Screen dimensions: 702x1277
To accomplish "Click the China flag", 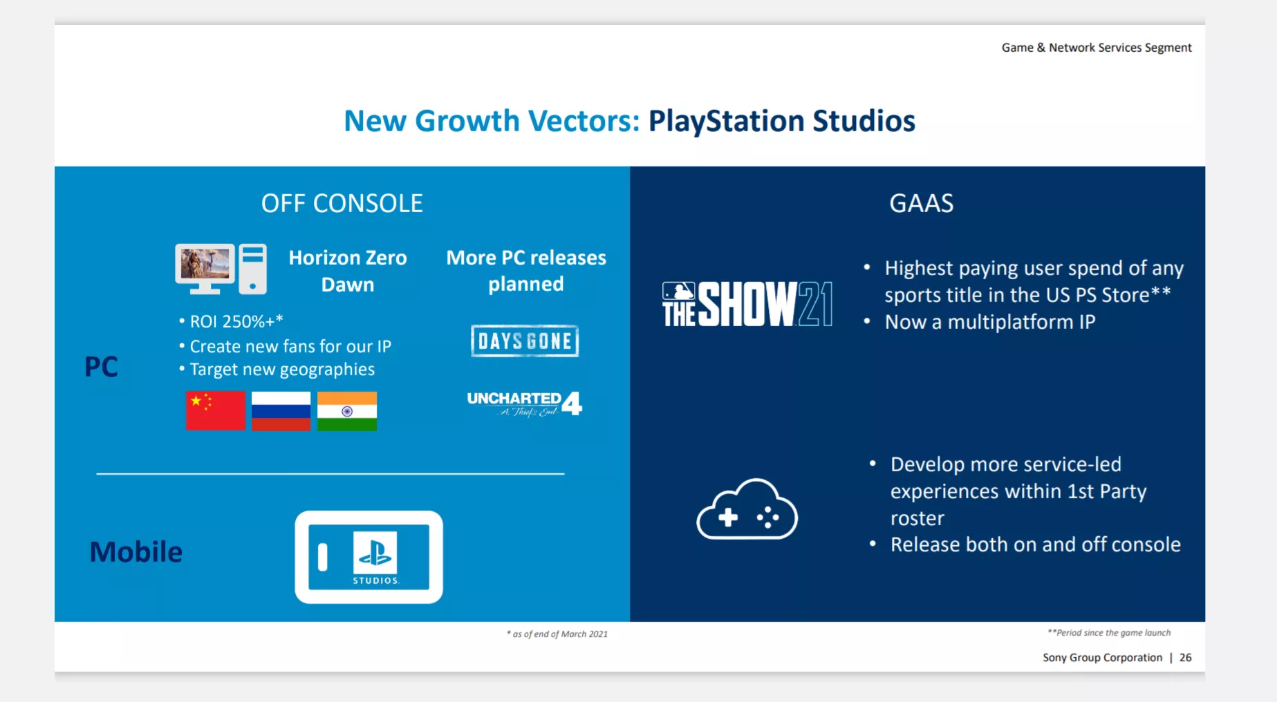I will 215,411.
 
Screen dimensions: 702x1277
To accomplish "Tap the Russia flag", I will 281,411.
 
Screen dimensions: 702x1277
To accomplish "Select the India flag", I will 347,411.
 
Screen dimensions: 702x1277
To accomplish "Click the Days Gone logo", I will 525,341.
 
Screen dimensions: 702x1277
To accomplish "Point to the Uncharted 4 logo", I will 524,404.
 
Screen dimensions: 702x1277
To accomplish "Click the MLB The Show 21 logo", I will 747,304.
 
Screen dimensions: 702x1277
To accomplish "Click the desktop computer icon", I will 221,269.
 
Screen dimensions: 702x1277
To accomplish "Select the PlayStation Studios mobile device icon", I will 369,557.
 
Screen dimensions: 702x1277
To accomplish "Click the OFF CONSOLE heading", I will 342,204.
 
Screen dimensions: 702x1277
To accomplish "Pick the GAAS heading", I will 921,204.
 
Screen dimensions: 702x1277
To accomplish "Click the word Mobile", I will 136,552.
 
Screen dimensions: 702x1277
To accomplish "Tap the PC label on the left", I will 101,367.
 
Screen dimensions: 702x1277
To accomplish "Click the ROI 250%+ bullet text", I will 236,321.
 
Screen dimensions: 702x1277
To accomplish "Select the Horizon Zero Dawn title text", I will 347,271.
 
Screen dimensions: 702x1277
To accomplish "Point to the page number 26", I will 1185,658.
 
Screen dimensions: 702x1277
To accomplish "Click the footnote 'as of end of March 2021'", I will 559,634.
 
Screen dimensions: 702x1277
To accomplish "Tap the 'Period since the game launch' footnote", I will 1110,633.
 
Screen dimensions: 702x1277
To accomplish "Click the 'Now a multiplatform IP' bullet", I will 989,322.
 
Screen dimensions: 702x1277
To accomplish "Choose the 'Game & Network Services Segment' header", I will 1097,48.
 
